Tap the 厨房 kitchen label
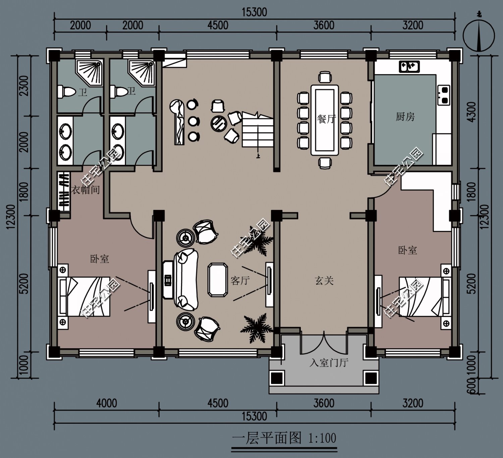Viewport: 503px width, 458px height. pyautogui.click(x=405, y=117)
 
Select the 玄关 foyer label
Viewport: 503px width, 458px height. pyautogui.click(x=324, y=281)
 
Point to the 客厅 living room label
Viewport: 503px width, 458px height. pyautogui.click(x=240, y=280)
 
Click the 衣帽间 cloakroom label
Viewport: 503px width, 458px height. pyautogui.click(x=86, y=190)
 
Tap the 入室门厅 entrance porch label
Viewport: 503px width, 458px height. pyautogui.click(x=329, y=363)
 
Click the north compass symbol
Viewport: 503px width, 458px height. pyautogui.click(x=479, y=36)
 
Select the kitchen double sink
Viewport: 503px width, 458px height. pyautogui.click(x=409, y=67)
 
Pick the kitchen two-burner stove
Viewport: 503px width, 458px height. pyautogui.click(x=444, y=95)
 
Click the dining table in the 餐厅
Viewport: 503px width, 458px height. pyautogui.click(x=325, y=120)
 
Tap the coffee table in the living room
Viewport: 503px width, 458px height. pyautogui.click(x=218, y=280)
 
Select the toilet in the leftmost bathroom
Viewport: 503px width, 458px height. pyautogui.click(x=66, y=92)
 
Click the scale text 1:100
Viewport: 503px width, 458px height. pyautogui.click(x=322, y=438)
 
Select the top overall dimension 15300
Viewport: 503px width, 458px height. pyautogui.click(x=254, y=12)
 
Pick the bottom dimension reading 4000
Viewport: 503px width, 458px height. pyautogui.click(x=107, y=403)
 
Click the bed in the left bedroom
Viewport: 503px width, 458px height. pyautogui.click(x=85, y=296)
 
